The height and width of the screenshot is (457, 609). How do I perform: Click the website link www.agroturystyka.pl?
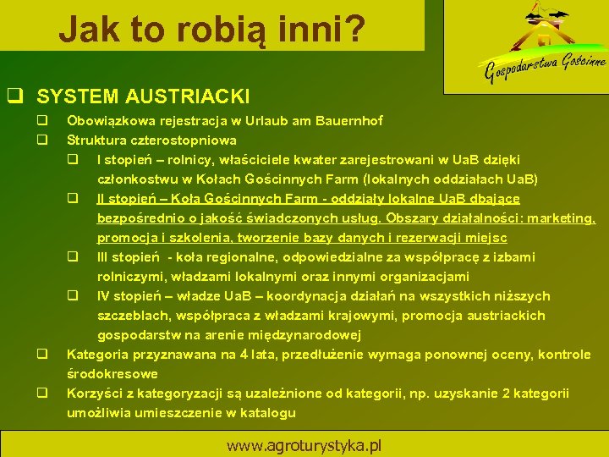[x=304, y=444]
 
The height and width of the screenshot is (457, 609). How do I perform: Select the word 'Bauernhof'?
[x=349, y=121]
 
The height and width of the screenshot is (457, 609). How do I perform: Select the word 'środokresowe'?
[x=112, y=374]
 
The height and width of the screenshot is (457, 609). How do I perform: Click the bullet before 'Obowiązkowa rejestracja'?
[x=40, y=121]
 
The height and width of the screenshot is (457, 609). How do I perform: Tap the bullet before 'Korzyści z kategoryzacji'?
[x=40, y=394]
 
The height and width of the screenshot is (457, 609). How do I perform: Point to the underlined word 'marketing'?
[x=561, y=218]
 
